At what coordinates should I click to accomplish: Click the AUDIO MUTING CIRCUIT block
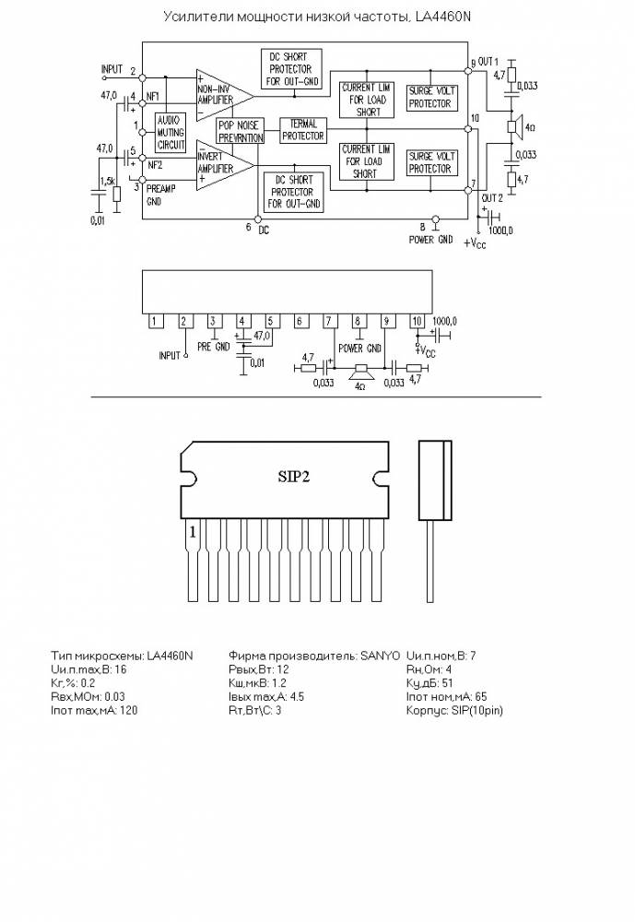coord(171,133)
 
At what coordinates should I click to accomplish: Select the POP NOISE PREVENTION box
coord(240,131)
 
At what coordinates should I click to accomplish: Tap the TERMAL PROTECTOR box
coord(302,130)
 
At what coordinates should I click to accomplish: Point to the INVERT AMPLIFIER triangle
coord(221,163)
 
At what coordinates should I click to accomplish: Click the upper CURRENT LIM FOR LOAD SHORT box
coord(365,99)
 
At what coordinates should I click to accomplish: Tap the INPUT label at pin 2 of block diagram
coord(112,69)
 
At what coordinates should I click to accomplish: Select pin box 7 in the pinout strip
coord(328,322)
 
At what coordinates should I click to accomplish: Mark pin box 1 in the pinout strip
coord(156,322)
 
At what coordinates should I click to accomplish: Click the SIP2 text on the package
coord(294,477)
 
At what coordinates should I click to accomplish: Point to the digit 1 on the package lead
coord(193,532)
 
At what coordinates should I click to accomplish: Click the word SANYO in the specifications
coord(382,656)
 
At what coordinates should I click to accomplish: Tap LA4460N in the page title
coord(442,17)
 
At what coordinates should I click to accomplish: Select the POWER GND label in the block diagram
coord(430,239)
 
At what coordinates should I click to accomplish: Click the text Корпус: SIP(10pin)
coord(454,711)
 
